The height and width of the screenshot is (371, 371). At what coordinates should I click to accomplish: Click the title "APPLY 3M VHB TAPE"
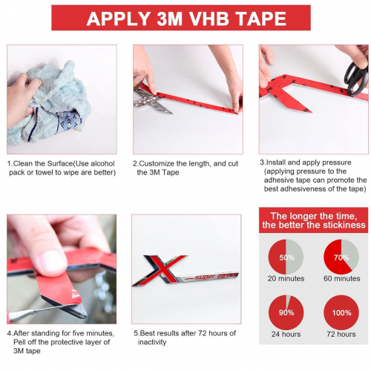pos(185,19)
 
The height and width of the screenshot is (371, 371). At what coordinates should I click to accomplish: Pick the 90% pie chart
pos(286,312)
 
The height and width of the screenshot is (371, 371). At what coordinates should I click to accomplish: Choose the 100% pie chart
pos(341,312)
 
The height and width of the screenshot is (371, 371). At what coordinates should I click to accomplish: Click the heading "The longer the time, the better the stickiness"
pos(313,220)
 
